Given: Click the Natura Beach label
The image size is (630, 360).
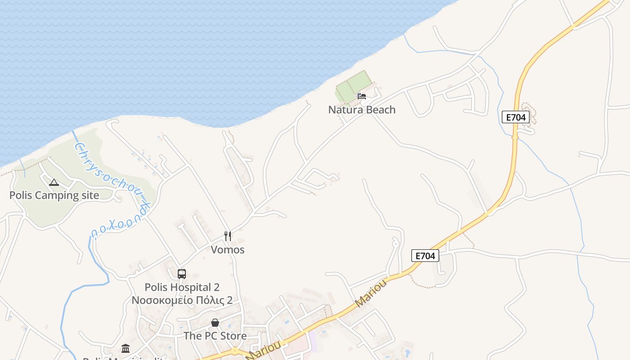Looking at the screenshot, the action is coord(362,110).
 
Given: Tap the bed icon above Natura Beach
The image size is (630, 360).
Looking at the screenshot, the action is coord(361,96).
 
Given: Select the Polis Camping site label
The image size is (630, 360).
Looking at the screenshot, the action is coord(54,195).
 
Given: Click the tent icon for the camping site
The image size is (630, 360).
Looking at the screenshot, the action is coord(54,182).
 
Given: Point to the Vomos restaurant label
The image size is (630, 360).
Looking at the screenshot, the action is coord(228,250).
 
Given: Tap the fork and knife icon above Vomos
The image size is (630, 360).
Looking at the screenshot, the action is coord(228,236).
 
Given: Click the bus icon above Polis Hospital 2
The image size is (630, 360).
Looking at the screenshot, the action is coord(182,274).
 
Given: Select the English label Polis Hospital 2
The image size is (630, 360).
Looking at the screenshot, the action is coord(182,287).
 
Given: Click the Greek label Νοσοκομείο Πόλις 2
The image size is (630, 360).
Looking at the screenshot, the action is coord(182,300).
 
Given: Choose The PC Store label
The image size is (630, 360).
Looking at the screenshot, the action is coord(215,336).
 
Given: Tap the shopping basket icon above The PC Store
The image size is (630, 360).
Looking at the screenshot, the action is coord(215,323).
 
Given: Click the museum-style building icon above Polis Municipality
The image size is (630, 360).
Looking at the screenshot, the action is coord(126,348).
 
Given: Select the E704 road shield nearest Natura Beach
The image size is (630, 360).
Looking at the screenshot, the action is coord(515,117).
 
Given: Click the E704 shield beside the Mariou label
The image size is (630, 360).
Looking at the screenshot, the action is coord(425,256).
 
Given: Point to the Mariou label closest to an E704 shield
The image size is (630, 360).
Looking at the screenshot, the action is coord(371,293).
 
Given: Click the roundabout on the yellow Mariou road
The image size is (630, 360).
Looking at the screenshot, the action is coord(234,350).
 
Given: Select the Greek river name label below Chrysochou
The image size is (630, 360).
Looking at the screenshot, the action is coord(119,225).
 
